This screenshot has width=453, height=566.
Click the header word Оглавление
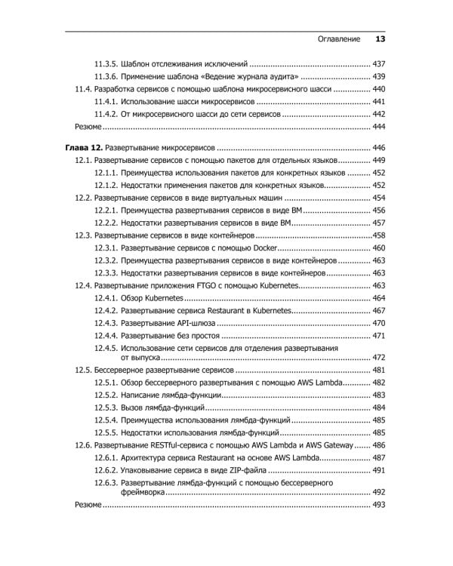335,38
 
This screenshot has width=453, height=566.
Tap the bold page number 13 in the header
380,38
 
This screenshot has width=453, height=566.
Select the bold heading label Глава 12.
79,147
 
